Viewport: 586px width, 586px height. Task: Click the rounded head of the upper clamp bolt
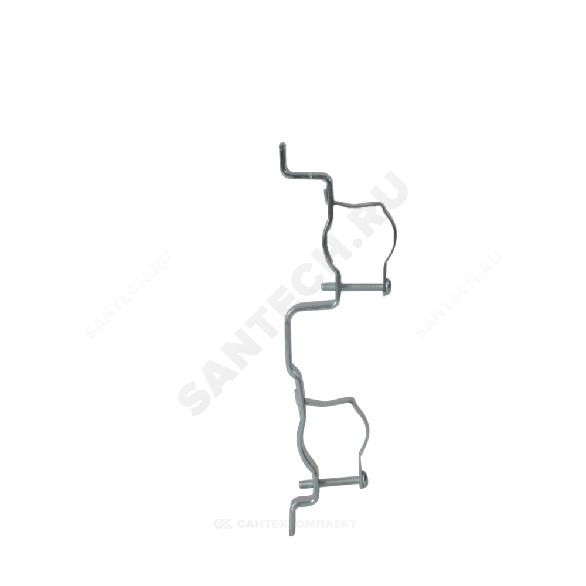387,285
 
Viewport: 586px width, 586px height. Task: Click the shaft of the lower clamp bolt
334,482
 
